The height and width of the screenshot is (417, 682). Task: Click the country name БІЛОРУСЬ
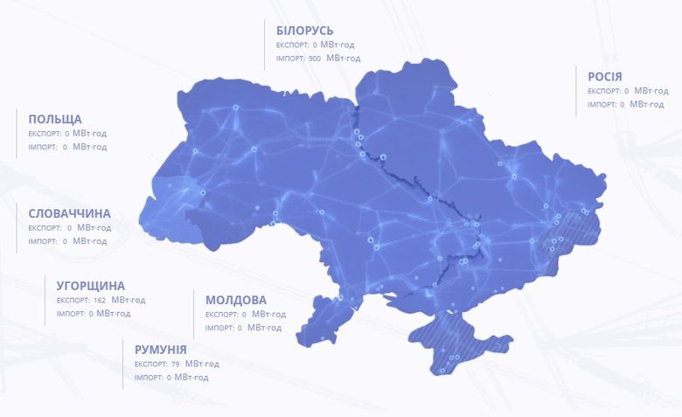click(x=303, y=31)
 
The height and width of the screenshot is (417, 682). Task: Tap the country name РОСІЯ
click(x=605, y=77)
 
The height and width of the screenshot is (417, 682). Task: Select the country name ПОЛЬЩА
click(x=55, y=119)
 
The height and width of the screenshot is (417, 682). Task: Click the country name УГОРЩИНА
click(x=91, y=286)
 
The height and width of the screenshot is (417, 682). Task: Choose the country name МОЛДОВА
click(x=236, y=300)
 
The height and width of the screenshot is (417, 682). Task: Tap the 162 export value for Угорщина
click(x=99, y=300)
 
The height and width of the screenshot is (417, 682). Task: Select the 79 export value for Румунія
click(x=175, y=364)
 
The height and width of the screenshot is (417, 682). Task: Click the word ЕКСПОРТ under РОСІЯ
click(x=604, y=91)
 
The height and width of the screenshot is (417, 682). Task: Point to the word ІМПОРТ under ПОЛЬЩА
click(x=43, y=147)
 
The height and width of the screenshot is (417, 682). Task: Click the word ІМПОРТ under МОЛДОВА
click(x=219, y=328)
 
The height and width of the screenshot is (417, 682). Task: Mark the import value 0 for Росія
click(x=622, y=105)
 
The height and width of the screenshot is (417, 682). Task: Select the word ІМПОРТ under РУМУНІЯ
click(x=149, y=378)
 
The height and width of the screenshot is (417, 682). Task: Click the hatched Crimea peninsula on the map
click(x=455, y=345)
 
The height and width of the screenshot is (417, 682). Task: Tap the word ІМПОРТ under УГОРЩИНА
click(x=71, y=314)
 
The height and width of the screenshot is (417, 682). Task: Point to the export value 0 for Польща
click(x=67, y=133)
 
